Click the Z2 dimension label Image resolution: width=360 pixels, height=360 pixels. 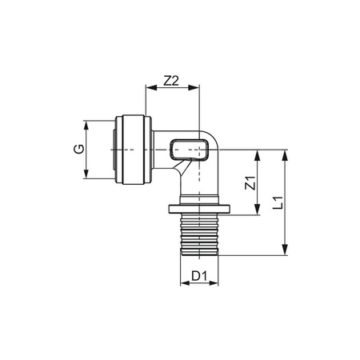click(170, 80)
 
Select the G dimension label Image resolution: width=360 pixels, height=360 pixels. click(78, 150)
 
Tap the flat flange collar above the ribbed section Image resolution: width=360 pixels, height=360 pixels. click(199, 210)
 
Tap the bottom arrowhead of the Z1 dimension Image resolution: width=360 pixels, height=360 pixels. click(258, 212)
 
